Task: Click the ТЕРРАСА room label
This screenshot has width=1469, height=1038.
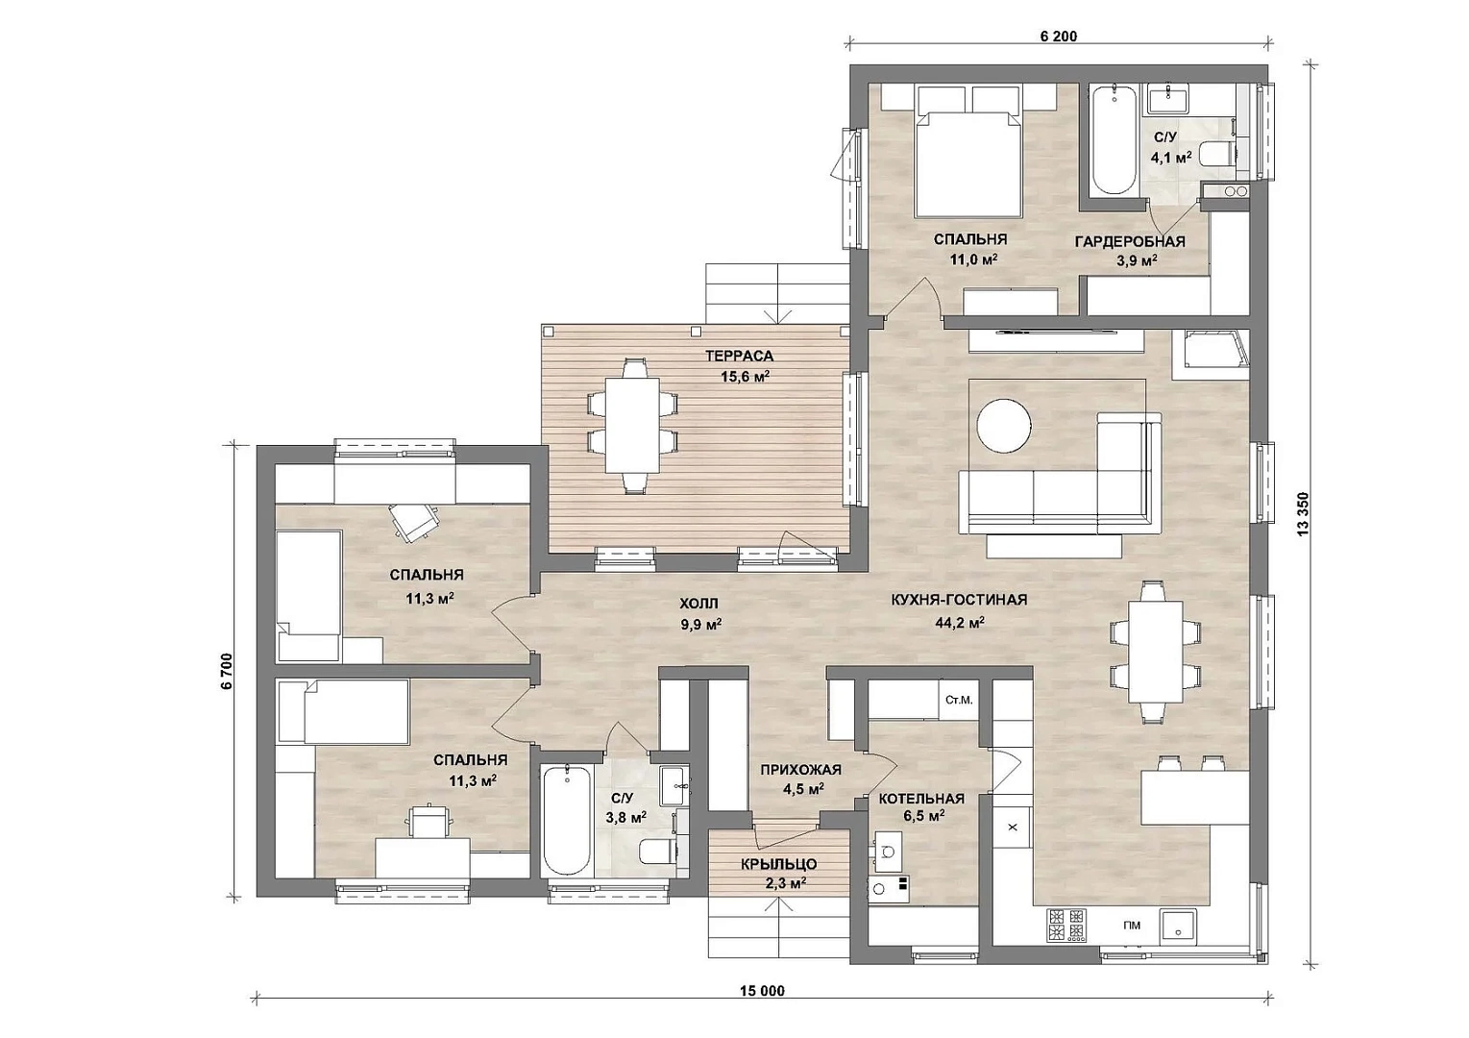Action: pos(739,357)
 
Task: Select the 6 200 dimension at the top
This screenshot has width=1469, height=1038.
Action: pos(1059,37)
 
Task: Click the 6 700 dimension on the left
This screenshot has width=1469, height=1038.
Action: pos(227,671)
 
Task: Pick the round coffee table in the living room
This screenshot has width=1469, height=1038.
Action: pos(1004,426)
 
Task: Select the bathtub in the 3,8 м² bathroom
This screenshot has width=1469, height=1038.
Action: pos(567,820)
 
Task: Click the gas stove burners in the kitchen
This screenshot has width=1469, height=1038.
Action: pos(1065,926)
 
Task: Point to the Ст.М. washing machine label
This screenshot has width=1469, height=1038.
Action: pos(959,700)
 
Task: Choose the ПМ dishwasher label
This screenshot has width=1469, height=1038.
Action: pos(1131,926)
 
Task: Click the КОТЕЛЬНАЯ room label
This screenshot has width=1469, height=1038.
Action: pos(921,799)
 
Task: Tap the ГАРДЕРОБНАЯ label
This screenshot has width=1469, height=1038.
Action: pos(1130,242)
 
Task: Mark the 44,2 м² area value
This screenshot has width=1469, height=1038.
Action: pos(960,623)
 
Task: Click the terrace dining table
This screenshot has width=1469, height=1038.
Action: pos(632,425)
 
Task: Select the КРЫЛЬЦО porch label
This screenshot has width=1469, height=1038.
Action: pos(779,864)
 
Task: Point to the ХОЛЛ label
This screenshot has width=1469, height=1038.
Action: pos(698,603)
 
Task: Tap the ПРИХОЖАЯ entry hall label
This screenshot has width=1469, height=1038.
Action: pos(800,770)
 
